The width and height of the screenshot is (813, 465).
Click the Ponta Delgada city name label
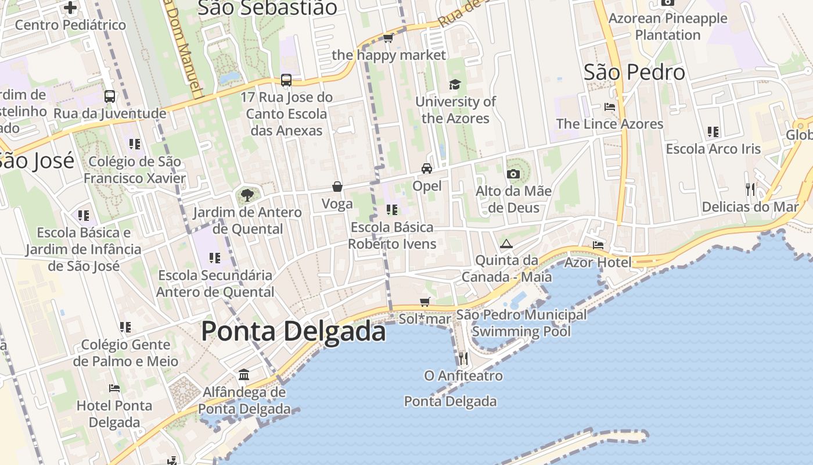293,332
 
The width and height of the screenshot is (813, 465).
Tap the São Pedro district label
634,73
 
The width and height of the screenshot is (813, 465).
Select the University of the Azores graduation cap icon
455,85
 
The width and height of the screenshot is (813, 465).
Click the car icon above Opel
427,169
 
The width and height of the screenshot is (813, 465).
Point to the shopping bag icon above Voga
337,187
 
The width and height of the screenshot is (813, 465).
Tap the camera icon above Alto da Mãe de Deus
513,174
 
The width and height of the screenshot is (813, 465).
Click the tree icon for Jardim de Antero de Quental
247,195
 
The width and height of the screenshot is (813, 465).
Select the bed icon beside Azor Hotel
598,245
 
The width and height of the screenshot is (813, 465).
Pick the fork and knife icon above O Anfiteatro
463,358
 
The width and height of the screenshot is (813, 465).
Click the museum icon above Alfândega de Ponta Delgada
244,374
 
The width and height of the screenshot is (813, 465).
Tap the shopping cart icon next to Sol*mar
425,302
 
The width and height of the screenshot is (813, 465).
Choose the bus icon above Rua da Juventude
110,96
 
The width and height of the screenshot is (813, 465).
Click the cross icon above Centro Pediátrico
70,8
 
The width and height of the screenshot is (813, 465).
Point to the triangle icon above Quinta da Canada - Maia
506,244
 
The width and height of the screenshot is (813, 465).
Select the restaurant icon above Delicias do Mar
750,189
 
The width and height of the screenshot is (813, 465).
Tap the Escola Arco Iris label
713,149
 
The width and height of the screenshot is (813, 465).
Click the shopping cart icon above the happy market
388,38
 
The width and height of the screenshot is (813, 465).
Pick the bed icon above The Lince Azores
610,107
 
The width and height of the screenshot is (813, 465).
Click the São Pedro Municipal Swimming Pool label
521,323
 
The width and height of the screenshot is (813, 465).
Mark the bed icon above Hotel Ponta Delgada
114,388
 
